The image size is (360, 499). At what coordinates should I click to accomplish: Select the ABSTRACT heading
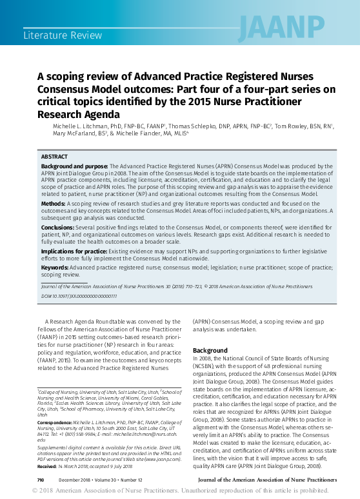pos(54,157)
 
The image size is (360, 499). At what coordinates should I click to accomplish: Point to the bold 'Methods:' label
pos(54,202)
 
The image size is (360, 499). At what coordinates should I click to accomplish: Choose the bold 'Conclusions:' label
pos(61,228)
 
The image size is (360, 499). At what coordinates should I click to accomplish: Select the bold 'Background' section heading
pos(210,350)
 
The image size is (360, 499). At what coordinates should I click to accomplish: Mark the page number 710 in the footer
pos(40,480)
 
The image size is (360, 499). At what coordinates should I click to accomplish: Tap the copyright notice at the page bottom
pos(180,492)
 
